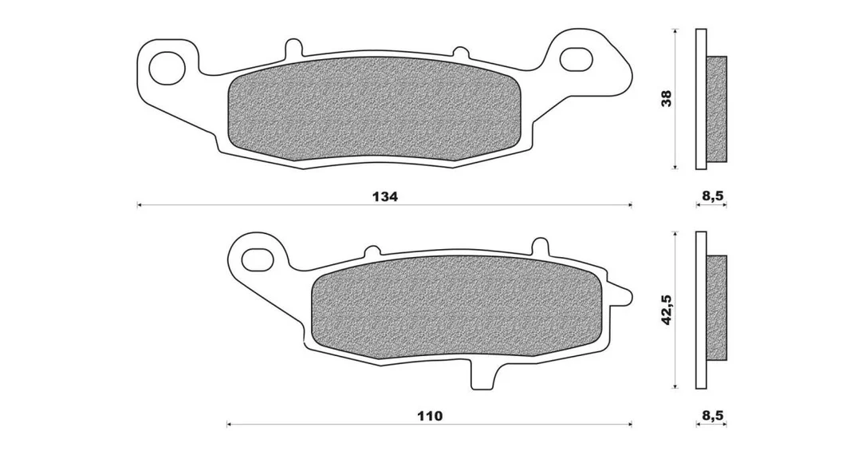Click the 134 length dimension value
click(x=384, y=196)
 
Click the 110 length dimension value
click(x=430, y=416)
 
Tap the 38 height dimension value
click(x=667, y=98)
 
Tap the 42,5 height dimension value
click(x=667, y=310)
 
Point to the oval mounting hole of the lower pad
click(x=258, y=258)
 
